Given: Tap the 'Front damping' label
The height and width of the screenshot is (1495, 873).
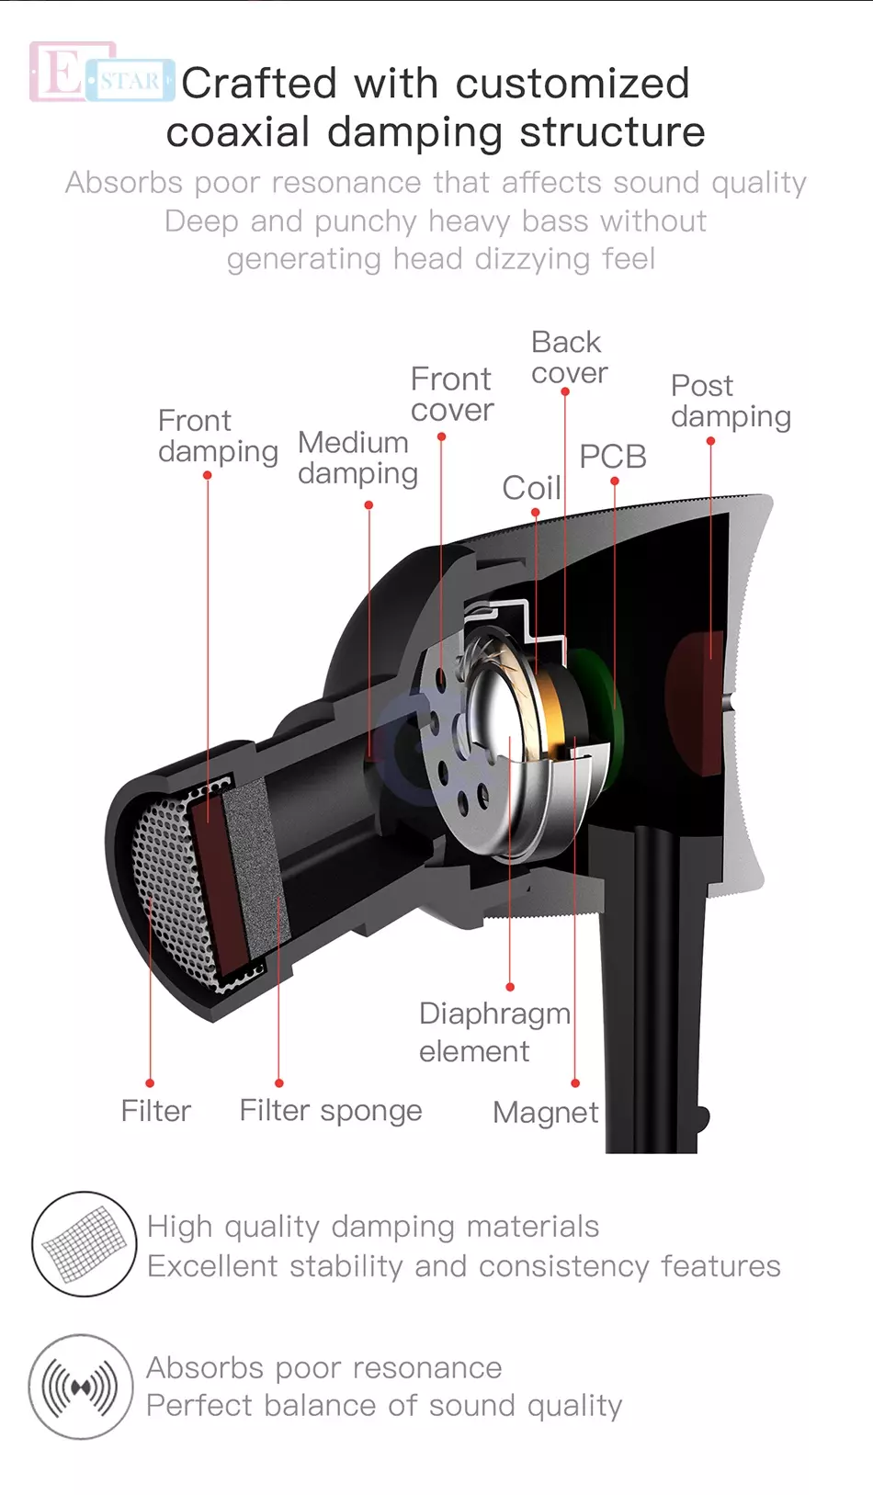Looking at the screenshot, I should (x=218, y=436).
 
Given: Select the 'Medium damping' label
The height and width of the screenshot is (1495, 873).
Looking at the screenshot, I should (x=357, y=458).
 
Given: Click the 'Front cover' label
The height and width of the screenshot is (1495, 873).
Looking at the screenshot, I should (x=452, y=394).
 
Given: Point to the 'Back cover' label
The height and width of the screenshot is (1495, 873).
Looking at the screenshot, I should (x=569, y=357).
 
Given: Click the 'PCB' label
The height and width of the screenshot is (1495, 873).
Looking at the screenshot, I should (x=613, y=457).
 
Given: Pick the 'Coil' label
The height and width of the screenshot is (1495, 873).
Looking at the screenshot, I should (x=531, y=488).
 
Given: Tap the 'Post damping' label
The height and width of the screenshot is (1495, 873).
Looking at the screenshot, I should (x=731, y=401).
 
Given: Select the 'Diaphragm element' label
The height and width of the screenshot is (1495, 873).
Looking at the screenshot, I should (x=493, y=1032).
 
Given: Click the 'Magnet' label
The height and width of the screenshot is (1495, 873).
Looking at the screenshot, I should (x=546, y=1113).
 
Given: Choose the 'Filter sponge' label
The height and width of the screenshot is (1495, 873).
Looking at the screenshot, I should (x=331, y=1111).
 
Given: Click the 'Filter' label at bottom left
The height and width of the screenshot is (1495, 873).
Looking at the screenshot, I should (x=156, y=1111).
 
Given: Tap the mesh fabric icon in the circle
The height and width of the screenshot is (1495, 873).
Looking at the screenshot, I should (x=85, y=1244).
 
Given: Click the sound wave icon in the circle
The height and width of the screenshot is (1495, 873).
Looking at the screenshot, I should (x=82, y=1387).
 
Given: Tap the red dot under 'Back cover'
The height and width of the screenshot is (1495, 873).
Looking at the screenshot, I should (x=565, y=392).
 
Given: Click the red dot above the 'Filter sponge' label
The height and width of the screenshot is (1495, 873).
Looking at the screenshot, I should (x=279, y=1083).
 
